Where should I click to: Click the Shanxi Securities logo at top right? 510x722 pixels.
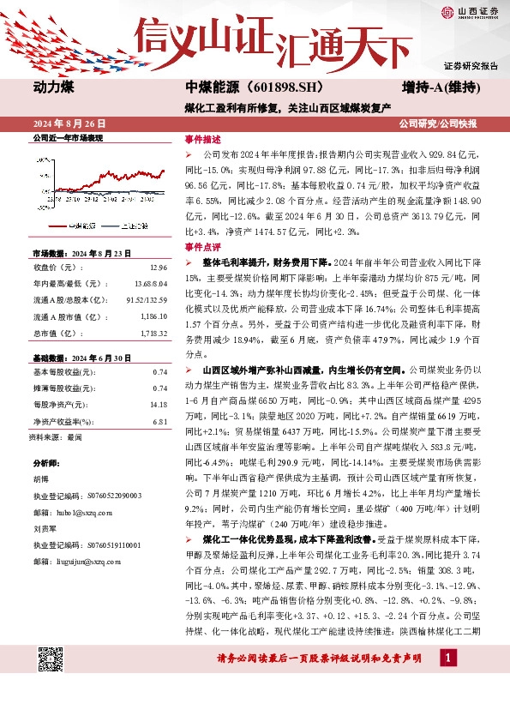pyautogui.click(x=470, y=12)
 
